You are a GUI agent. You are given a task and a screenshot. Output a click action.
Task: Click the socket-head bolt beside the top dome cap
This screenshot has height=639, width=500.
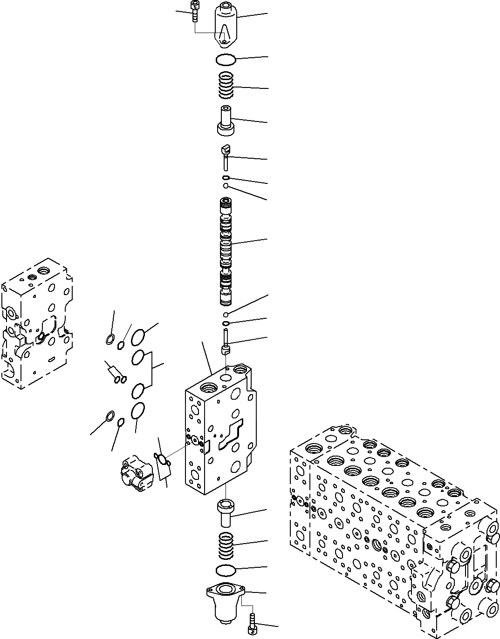[x=194, y=11]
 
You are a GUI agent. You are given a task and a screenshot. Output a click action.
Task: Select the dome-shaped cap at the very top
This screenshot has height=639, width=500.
[x=226, y=25]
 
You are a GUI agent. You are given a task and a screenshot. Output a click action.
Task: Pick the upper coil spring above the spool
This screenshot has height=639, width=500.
[x=227, y=86]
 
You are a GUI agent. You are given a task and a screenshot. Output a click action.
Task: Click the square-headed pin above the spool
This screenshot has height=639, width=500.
[x=226, y=156]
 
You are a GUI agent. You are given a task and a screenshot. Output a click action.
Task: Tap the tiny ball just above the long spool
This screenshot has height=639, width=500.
[x=226, y=186]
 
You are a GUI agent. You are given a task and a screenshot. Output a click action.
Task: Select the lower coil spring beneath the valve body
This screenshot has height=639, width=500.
[x=227, y=545]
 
